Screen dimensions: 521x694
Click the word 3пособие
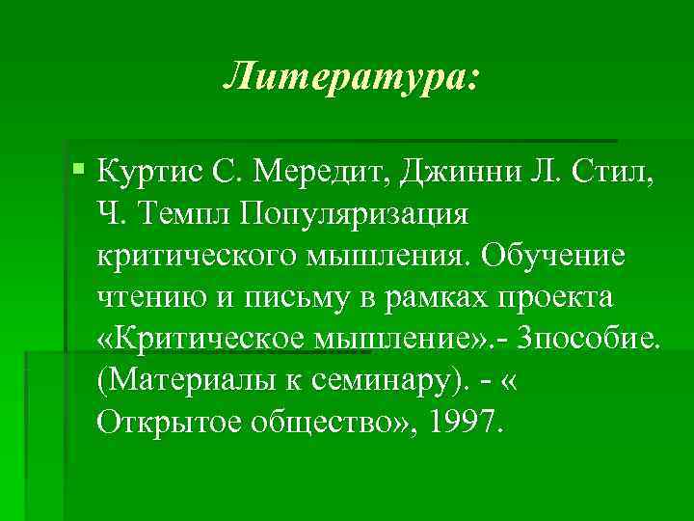(x=589, y=341)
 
